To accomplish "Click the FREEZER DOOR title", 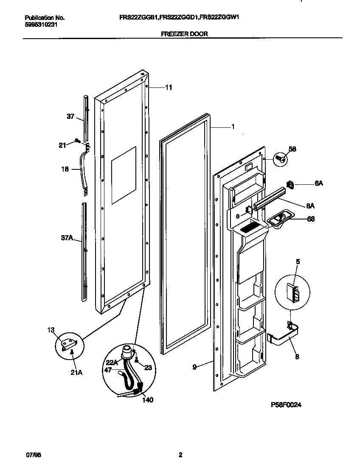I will point(185,34).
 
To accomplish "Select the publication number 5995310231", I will point(41,24).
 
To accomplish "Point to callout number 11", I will point(169,87).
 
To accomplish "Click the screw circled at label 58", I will point(279,159).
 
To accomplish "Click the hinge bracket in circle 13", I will point(69,342).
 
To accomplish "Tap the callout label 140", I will point(147,400).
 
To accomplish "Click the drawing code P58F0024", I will point(286,405).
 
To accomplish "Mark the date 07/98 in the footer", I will point(31,455).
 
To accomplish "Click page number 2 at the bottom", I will point(180,455).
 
